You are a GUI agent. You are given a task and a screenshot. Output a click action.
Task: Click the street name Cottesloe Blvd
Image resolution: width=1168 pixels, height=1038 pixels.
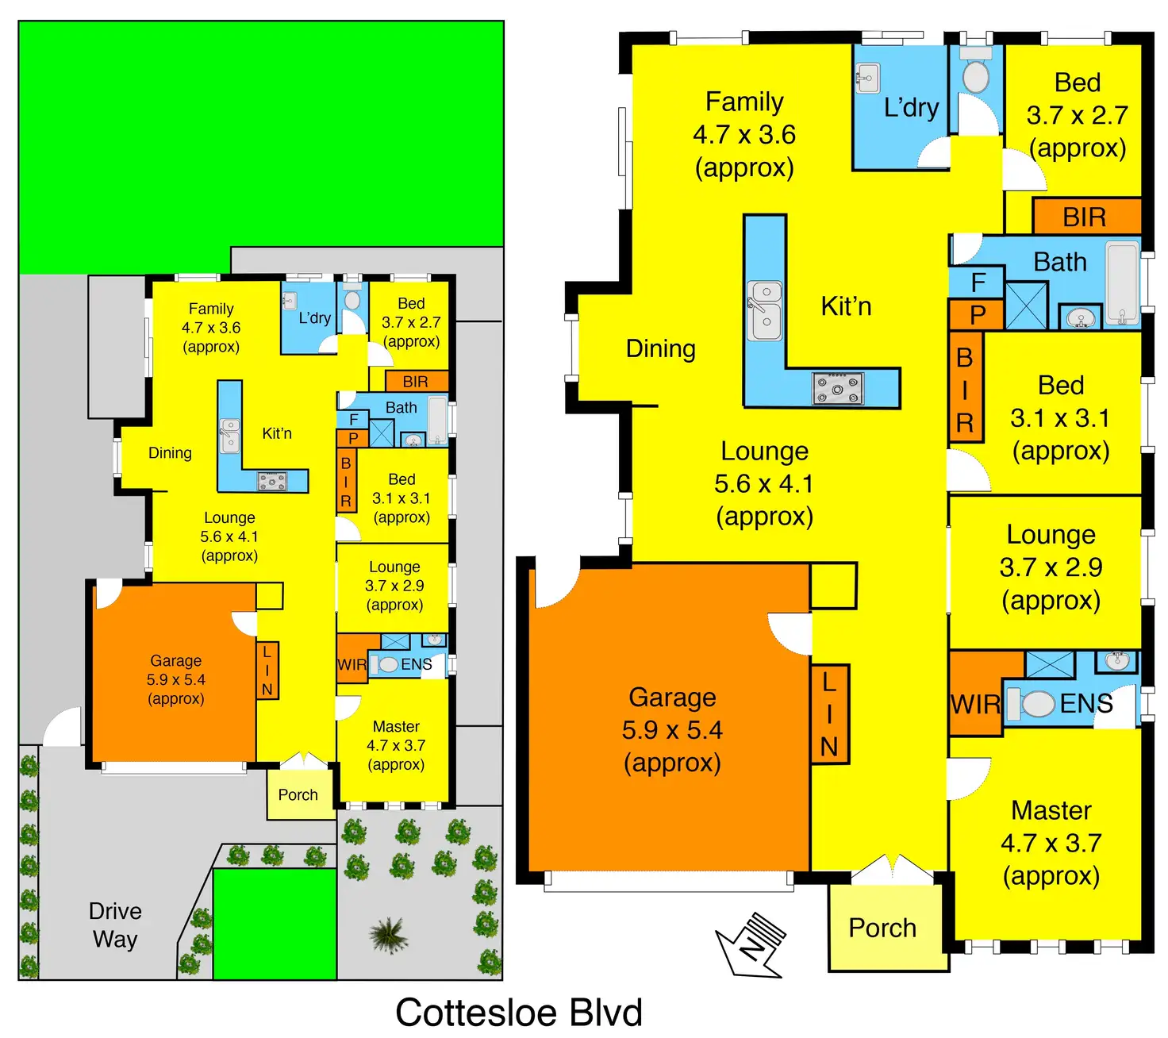click(x=519, y=1013)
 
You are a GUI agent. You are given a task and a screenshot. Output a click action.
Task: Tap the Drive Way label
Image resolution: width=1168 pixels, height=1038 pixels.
click(x=115, y=925)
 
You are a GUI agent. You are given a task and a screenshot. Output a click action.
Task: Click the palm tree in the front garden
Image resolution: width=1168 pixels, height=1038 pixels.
click(x=388, y=934)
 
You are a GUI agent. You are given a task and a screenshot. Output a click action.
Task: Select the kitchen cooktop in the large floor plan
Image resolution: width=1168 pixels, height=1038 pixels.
click(x=838, y=388)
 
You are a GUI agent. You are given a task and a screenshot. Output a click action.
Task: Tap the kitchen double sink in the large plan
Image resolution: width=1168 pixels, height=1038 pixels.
click(x=766, y=310)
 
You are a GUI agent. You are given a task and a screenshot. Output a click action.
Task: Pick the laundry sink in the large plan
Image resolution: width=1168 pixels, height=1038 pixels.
click(x=868, y=79)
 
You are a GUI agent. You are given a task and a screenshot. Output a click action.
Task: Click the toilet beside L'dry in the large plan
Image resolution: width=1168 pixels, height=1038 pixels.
click(x=975, y=77)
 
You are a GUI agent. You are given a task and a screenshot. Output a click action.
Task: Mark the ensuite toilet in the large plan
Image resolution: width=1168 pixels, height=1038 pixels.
click(x=1035, y=704)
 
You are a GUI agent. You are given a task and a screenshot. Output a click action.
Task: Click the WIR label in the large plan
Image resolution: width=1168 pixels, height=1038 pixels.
click(x=975, y=704)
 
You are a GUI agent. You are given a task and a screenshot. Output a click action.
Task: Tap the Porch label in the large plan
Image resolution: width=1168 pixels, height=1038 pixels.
click(x=882, y=928)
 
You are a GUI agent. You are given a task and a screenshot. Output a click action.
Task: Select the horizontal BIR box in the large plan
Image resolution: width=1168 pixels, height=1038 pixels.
click(x=1085, y=217)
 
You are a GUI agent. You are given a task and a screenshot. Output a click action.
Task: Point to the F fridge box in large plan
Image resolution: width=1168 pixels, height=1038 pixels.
click(x=978, y=282)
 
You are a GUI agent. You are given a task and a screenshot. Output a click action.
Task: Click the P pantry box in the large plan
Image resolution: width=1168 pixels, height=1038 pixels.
click(x=978, y=315)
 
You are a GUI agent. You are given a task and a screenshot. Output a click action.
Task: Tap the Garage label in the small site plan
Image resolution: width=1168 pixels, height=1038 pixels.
click(x=176, y=679)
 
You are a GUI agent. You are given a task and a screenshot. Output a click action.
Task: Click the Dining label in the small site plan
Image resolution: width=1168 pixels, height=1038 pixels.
click(x=170, y=453)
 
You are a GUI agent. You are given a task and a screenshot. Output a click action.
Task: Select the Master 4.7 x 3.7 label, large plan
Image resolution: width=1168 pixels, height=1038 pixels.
click(x=1051, y=843)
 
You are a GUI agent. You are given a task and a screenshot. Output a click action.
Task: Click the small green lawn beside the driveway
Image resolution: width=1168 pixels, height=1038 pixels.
click(x=275, y=924)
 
